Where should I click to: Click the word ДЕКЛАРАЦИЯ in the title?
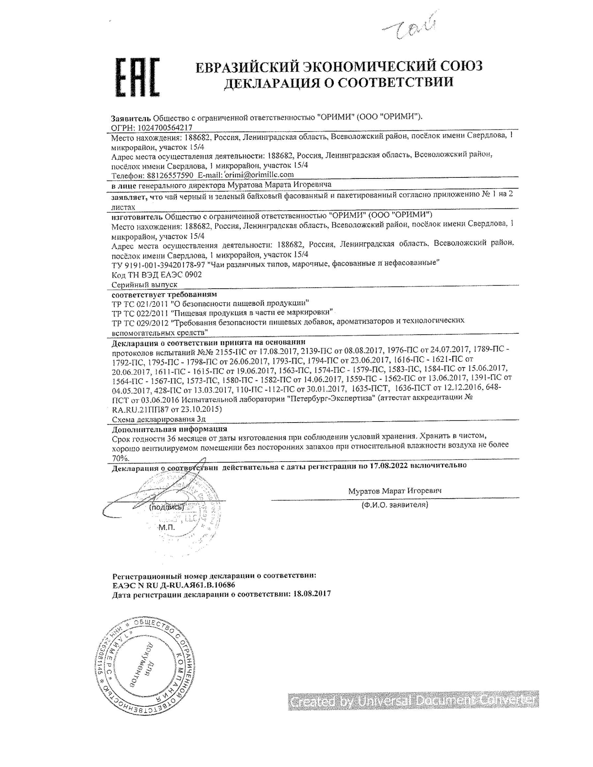click(x=275, y=83)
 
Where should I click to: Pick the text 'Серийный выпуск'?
click(x=144, y=284)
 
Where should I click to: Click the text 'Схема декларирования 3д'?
click(x=158, y=419)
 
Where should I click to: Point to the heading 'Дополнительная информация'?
click(x=169, y=429)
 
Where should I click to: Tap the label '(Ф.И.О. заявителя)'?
click(x=395, y=505)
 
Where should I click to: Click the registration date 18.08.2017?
click(x=311, y=594)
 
